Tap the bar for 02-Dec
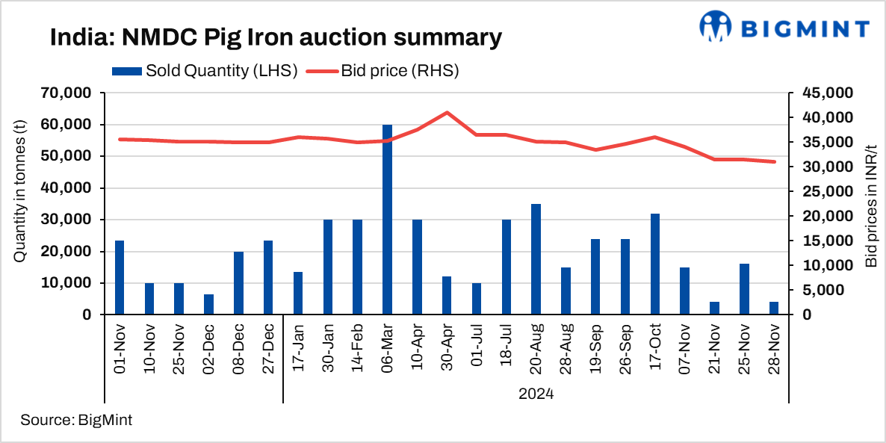(x=208, y=305)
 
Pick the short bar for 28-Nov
(x=774, y=309)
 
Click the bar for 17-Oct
(x=655, y=264)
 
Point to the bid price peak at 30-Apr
(x=447, y=113)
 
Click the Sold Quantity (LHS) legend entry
(x=206, y=72)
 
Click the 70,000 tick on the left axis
(x=67, y=93)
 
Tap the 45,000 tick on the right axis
(x=825, y=93)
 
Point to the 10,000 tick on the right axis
(x=825, y=266)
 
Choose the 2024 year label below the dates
(x=536, y=393)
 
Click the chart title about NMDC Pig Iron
(x=276, y=37)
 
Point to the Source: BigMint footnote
(x=76, y=420)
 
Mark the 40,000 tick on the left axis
(x=67, y=188)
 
